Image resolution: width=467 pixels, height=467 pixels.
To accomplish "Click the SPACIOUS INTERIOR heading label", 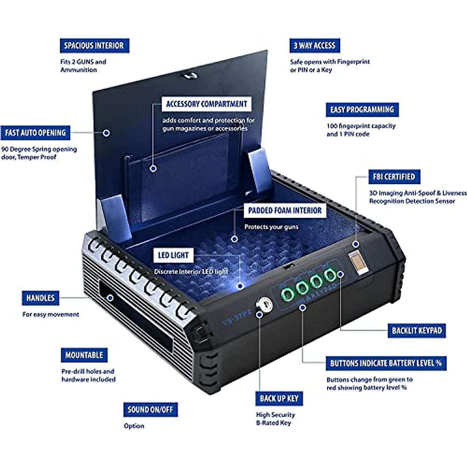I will (94, 46).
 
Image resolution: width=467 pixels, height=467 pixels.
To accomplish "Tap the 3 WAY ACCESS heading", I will (314, 46).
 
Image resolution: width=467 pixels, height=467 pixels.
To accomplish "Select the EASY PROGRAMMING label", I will (362, 110).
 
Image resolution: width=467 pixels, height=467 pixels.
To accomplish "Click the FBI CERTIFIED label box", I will (394, 177).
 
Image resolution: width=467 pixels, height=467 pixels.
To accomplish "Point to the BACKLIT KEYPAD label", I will (417, 331).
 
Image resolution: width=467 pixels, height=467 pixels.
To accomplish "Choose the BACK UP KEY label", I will (279, 399).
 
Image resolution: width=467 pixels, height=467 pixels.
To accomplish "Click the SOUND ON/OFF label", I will (150, 409).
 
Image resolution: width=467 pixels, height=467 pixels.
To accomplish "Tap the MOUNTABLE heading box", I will (84, 355).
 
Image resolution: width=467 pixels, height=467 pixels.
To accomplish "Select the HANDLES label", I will (40, 298).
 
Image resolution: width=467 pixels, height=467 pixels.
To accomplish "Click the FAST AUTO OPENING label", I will (35, 133).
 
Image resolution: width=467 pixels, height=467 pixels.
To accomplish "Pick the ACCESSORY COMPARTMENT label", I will (206, 104).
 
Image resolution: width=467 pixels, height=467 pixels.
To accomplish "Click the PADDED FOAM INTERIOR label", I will (285, 211).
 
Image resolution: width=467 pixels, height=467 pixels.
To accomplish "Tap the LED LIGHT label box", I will (173, 255).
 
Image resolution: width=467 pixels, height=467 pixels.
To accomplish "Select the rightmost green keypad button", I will (330, 275).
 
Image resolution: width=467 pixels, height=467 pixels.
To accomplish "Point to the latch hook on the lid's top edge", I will (190, 75).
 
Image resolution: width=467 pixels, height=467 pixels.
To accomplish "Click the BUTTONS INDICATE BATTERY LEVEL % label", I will (386, 363).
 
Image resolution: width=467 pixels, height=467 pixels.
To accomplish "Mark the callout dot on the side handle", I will (111, 298).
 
